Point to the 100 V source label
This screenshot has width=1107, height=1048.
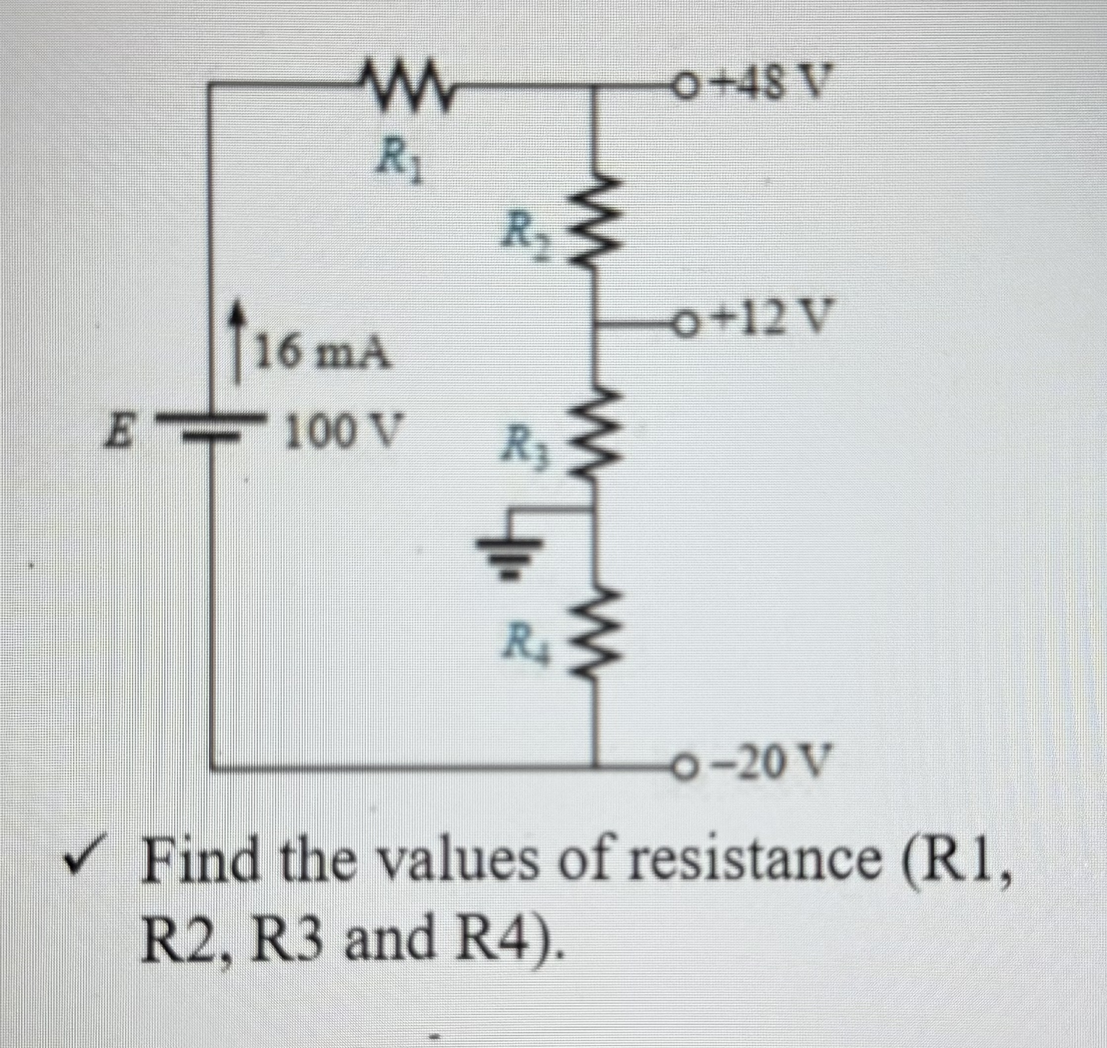(x=341, y=433)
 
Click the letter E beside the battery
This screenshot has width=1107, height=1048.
(x=120, y=434)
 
